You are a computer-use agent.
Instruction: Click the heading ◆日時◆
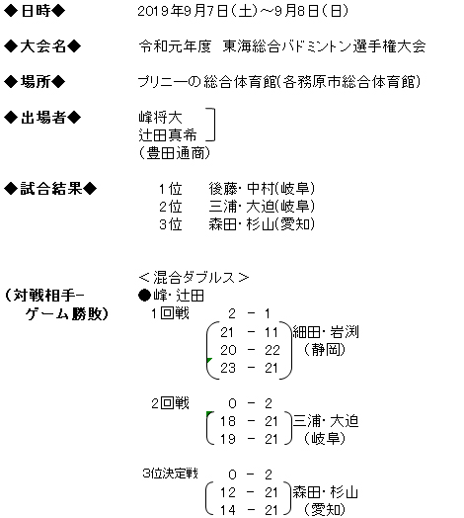pyautogui.click(x=35, y=11)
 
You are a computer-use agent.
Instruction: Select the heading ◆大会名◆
pyautogui.click(x=42, y=46)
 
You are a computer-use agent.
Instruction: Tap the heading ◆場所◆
pyautogui.click(x=35, y=82)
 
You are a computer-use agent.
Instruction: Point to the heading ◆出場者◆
pyautogui.click(x=42, y=118)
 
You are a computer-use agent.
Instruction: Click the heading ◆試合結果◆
pyautogui.click(x=50, y=189)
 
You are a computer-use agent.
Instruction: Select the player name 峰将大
pyautogui.click(x=160, y=118)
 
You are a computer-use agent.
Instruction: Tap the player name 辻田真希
pyautogui.click(x=167, y=135)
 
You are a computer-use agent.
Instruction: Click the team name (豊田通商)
pyautogui.click(x=175, y=153)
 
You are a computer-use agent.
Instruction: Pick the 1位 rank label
pyautogui.click(x=170, y=189)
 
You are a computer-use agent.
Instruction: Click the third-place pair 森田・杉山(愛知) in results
pyautogui.click(x=262, y=224)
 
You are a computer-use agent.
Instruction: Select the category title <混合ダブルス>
pyautogui.click(x=193, y=278)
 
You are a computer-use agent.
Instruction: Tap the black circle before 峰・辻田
pyautogui.click(x=144, y=296)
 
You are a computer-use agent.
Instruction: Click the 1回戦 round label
pyautogui.click(x=170, y=313)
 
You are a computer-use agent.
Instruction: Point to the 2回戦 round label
pyautogui.click(x=170, y=403)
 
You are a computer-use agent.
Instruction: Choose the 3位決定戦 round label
pyautogui.click(x=170, y=474)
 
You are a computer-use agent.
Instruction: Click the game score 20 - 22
pyautogui.click(x=250, y=350)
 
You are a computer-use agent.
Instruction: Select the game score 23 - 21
pyautogui.click(x=249, y=368)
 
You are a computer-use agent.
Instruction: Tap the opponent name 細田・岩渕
pyautogui.click(x=326, y=332)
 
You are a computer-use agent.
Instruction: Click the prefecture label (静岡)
pyautogui.click(x=325, y=350)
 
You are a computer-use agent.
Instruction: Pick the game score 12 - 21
pyautogui.click(x=249, y=492)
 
